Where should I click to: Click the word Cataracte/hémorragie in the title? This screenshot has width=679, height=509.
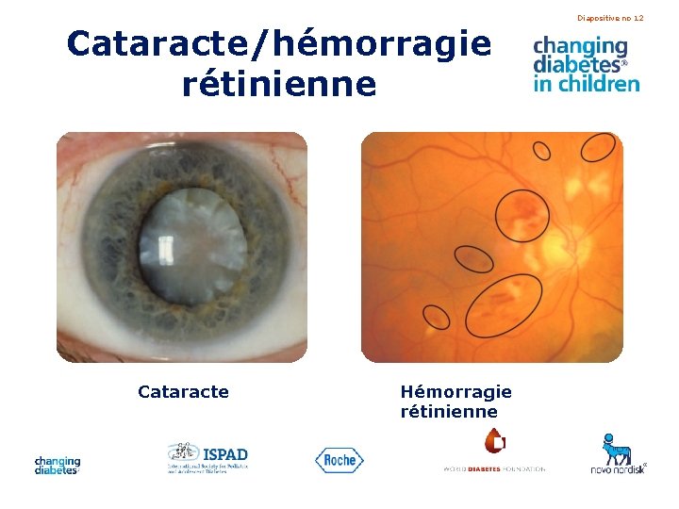279,43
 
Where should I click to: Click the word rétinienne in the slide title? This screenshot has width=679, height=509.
279,85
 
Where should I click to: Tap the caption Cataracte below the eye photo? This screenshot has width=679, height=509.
183,391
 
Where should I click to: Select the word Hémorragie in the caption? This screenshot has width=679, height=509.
455,391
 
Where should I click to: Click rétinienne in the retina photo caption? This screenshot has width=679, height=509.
449,412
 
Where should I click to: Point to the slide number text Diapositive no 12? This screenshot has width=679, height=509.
610,18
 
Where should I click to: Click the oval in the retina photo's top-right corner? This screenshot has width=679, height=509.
598,146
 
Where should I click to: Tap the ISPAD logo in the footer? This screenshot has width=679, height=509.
207,457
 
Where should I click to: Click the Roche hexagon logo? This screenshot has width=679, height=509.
339,460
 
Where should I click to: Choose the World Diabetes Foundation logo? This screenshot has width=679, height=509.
494,452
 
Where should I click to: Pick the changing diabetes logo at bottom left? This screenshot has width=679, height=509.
58,465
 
